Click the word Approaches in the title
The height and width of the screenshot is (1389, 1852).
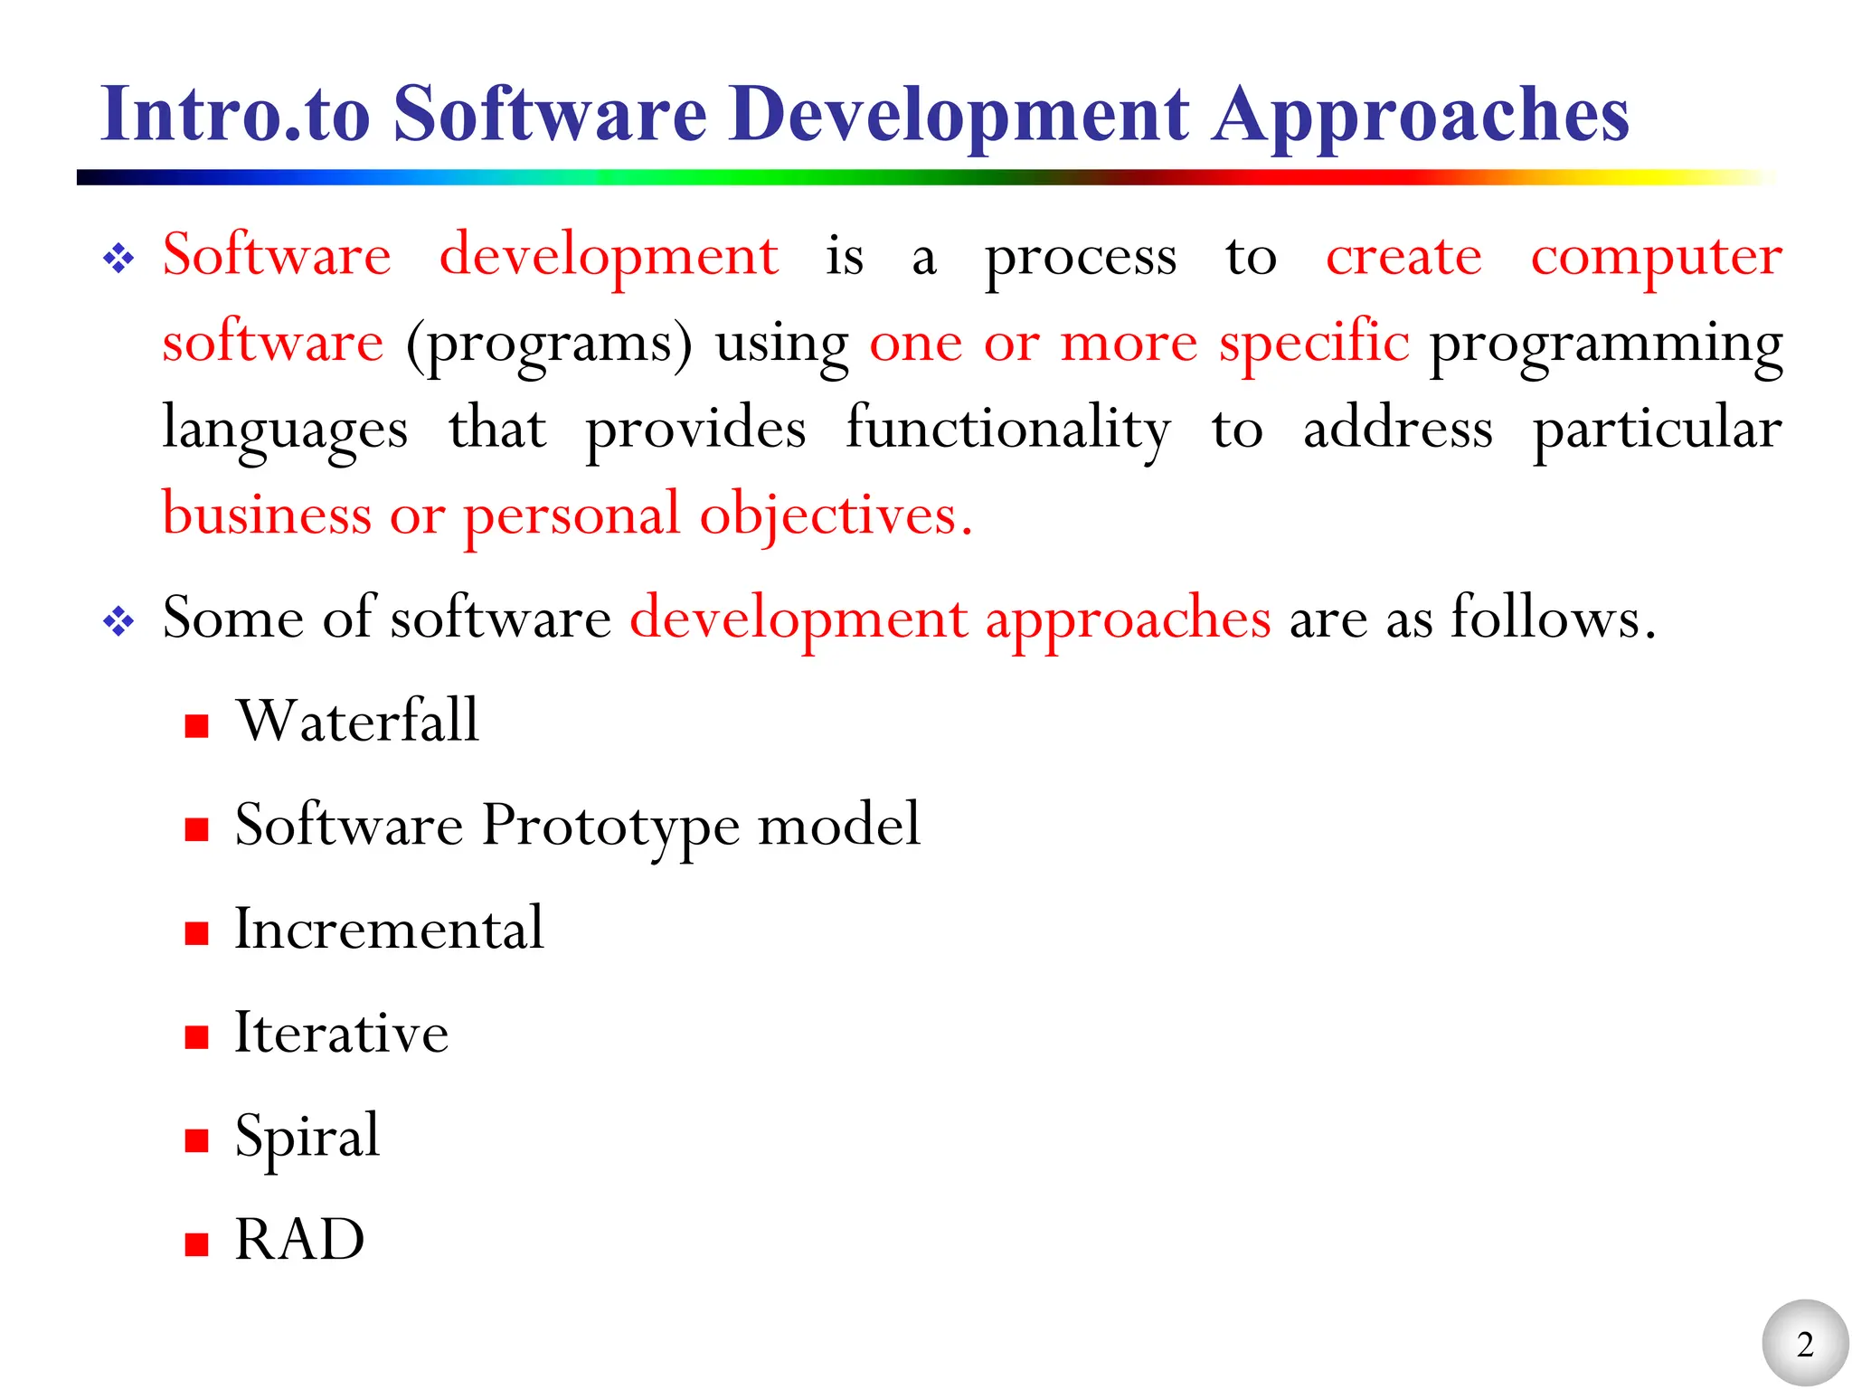tap(1421, 115)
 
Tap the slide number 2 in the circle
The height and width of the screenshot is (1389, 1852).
tap(1805, 1345)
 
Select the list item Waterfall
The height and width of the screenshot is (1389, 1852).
tap(357, 722)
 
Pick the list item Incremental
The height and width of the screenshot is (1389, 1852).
tap(389, 929)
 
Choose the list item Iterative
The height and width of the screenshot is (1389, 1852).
tap(341, 1033)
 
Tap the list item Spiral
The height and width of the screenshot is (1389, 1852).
tap(307, 1137)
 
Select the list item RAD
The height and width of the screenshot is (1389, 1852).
tap(299, 1240)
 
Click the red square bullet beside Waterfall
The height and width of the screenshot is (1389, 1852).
tap(196, 725)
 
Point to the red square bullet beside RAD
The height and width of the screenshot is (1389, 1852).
tap(196, 1244)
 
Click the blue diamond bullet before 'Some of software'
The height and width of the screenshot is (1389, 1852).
tap(118, 622)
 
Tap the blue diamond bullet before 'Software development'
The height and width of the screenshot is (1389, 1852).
tap(118, 260)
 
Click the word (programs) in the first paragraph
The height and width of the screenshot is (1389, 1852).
tap(549, 345)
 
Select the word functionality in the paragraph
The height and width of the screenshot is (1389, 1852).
tap(1008, 430)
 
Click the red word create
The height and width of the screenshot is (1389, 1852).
tap(1403, 258)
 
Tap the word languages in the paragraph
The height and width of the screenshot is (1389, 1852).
tap(285, 430)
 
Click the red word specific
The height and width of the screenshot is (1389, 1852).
tap(1313, 345)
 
